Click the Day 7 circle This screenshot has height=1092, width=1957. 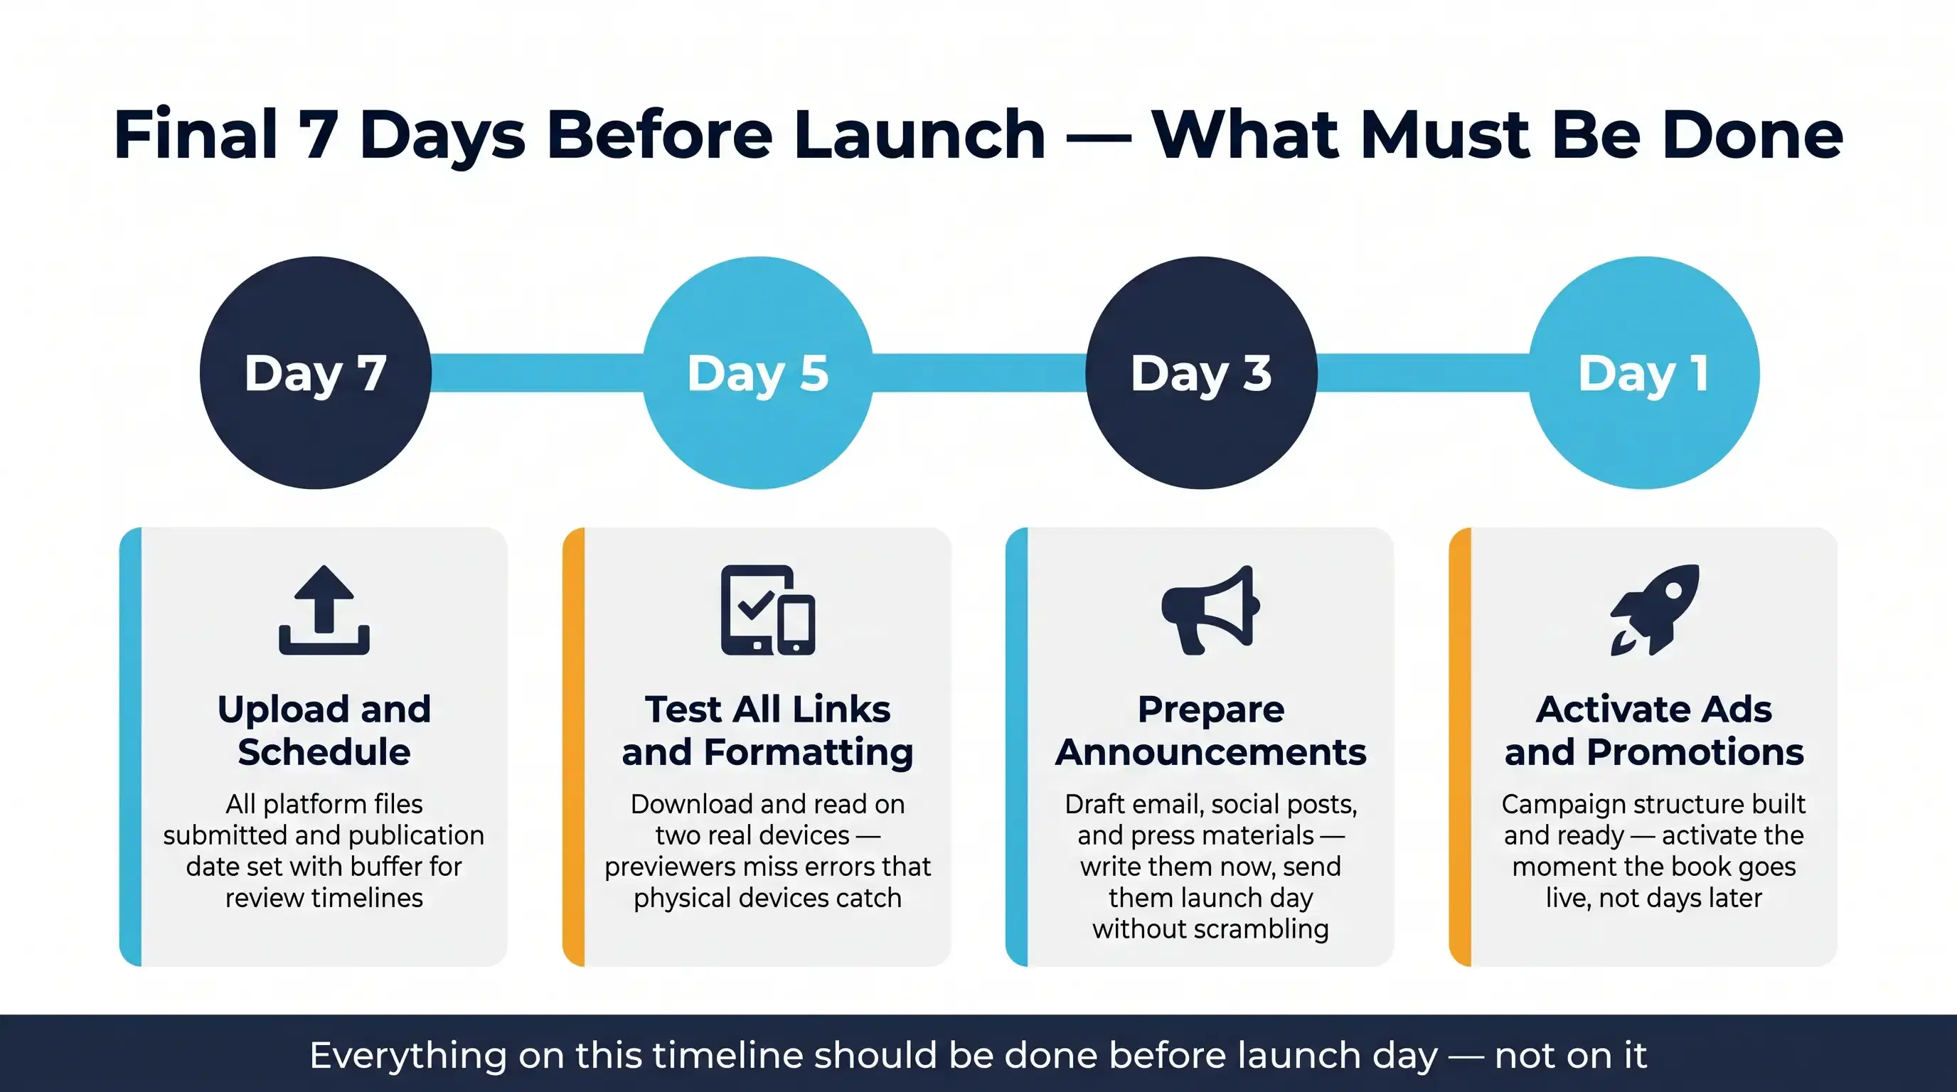(315, 373)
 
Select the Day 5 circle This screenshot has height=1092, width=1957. (758, 373)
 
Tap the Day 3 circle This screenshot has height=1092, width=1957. (1201, 373)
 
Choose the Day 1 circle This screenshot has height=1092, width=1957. (1644, 373)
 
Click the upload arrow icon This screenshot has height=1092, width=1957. (324, 610)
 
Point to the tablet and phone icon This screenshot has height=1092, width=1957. (767, 610)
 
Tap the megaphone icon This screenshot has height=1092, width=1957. (1210, 610)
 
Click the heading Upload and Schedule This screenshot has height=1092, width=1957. (324, 731)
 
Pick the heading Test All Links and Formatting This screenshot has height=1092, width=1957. (767, 731)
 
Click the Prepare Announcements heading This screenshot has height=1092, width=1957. (1210, 731)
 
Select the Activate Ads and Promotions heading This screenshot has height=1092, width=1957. (1654, 731)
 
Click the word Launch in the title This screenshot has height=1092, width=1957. (920, 135)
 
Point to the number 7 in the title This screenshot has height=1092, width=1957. (319, 135)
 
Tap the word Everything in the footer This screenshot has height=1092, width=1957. (407, 1056)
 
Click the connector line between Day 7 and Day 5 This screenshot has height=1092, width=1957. (537, 373)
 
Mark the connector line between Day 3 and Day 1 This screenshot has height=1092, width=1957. (1423, 373)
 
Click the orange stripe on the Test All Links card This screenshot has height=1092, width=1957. (574, 746)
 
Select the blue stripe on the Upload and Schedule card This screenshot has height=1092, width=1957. (131, 746)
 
